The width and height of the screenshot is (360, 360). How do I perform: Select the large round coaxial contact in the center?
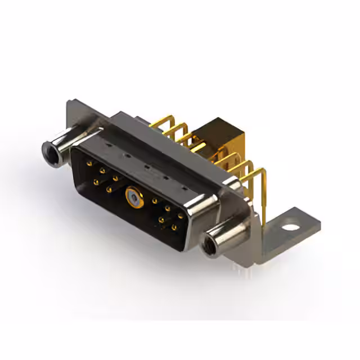134,196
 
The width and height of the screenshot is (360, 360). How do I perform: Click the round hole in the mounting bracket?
290,228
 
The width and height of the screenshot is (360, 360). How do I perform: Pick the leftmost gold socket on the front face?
89,163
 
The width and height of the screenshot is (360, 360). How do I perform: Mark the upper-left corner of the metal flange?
69,103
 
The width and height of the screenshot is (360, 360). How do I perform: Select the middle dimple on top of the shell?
147,166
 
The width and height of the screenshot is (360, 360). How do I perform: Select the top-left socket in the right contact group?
155,200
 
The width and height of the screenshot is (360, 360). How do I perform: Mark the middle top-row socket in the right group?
168,208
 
